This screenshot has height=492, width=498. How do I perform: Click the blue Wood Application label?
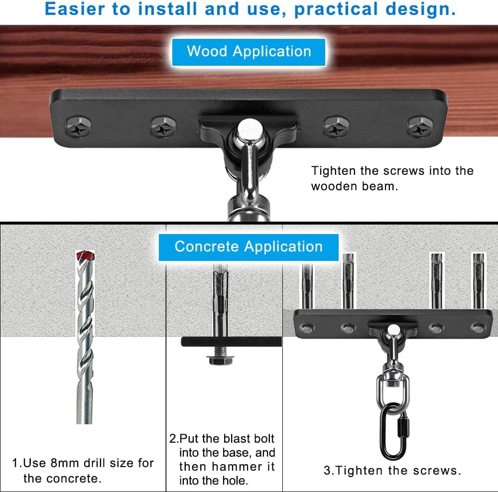click(x=249, y=52)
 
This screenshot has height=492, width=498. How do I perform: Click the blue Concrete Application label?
click(x=249, y=247)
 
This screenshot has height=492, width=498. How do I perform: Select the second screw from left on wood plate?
click(x=163, y=127)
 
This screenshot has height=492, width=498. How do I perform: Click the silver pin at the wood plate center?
click(x=246, y=128)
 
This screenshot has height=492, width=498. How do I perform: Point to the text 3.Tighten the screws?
click(x=392, y=471)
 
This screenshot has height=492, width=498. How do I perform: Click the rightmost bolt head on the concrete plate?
click(x=478, y=327)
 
